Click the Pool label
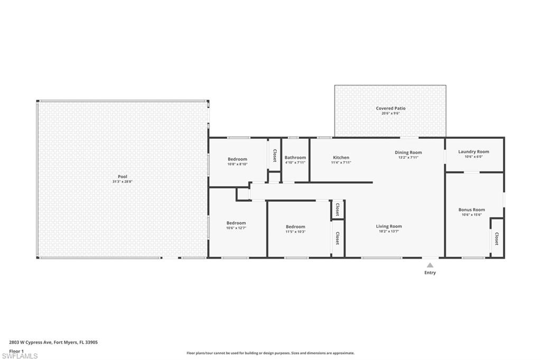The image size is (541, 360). coord(123,176)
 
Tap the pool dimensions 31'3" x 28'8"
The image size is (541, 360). coord(123,182)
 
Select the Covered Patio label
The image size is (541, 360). coord(390,108)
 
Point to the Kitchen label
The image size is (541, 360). coord(341,158)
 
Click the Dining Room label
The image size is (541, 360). coord(408,153)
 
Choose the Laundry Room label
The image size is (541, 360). coord(473,151)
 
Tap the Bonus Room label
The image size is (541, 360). coord(472,210)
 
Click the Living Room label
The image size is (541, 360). coord(389,226)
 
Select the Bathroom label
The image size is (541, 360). coord(295,158)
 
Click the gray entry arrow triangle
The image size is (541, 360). coord(430,265)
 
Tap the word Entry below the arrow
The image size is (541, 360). coord(430,273)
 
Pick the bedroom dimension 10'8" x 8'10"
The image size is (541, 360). coord(237,164)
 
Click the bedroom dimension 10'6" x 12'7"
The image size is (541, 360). coord(236,228)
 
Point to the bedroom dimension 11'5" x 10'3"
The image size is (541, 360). coord(295,232)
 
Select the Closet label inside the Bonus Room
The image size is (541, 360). coord(497,239)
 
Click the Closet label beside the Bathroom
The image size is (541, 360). coord(275,155)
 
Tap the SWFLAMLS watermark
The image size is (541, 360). coord(20,356)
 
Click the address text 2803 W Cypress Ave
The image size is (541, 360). coord(31,343)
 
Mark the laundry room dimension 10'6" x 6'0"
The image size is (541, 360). coord(474,157)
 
